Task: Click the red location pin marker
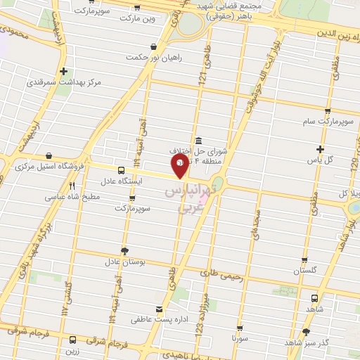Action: [180, 165]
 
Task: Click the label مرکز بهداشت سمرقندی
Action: [64, 82]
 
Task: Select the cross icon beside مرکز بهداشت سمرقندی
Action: [64, 71]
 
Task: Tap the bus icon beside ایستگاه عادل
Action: [121, 170]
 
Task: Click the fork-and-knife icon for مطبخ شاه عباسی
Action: [71, 186]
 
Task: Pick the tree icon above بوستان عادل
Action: [124, 250]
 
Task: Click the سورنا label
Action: [240, 338]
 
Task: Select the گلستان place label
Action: [305, 271]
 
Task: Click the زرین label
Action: [72, 349]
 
